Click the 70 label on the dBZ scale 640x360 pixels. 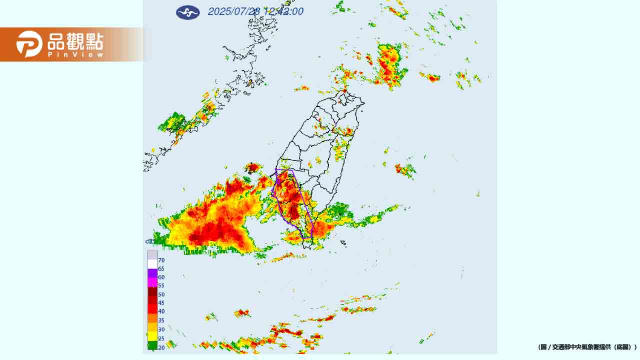click(x=161, y=260)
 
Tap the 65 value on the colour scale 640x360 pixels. click(x=161, y=268)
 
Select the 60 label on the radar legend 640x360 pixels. click(x=161, y=277)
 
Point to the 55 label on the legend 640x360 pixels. click(x=161, y=285)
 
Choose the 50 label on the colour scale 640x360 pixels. click(x=161, y=294)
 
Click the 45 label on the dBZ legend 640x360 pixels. click(x=161, y=303)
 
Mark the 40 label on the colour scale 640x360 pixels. click(x=161, y=311)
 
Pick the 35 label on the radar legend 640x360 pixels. click(x=161, y=320)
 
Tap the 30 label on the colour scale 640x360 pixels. click(x=161, y=329)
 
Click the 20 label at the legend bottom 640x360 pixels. click(x=161, y=347)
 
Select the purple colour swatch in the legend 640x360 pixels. click(x=152, y=273)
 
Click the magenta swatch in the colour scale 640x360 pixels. click(x=152, y=282)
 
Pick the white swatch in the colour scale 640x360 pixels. click(x=152, y=264)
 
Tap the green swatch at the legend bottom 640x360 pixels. click(x=152, y=344)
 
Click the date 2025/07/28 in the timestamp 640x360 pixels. click(x=234, y=11)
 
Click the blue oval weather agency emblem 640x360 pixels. click(x=187, y=12)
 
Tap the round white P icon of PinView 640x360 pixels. click(x=29, y=44)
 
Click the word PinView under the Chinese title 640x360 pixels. click(x=76, y=54)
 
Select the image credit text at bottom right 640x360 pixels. click(x=587, y=346)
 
